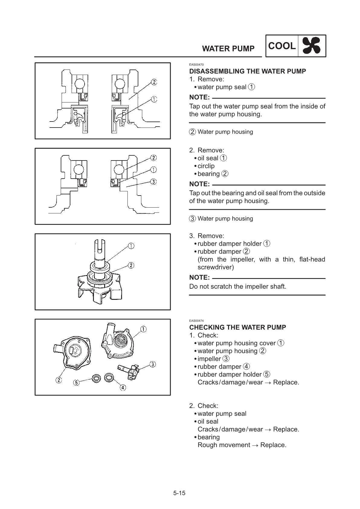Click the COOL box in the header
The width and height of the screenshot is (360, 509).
(x=281, y=46)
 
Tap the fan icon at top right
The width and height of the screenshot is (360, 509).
(x=312, y=46)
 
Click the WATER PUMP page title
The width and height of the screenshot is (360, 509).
(x=228, y=49)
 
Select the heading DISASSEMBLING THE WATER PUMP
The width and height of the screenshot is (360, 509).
(x=247, y=71)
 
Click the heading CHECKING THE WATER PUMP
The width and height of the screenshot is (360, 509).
(x=237, y=327)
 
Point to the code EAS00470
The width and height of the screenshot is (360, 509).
(x=196, y=65)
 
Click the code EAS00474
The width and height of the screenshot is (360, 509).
(x=196, y=321)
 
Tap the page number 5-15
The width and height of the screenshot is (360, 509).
(x=179, y=493)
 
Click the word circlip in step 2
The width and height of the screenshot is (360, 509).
(x=206, y=166)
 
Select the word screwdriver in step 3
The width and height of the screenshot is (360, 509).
(x=215, y=267)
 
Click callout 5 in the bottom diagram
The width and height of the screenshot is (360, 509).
(x=77, y=383)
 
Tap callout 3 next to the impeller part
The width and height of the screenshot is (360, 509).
(x=153, y=364)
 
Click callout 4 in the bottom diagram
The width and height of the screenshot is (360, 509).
(x=123, y=387)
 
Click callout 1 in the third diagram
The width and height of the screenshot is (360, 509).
(x=131, y=246)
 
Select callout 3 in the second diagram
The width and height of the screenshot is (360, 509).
(x=153, y=182)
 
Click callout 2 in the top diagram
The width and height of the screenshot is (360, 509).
(x=154, y=82)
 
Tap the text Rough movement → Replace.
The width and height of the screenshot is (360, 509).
(x=242, y=445)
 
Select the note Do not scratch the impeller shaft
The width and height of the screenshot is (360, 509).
(x=237, y=286)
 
